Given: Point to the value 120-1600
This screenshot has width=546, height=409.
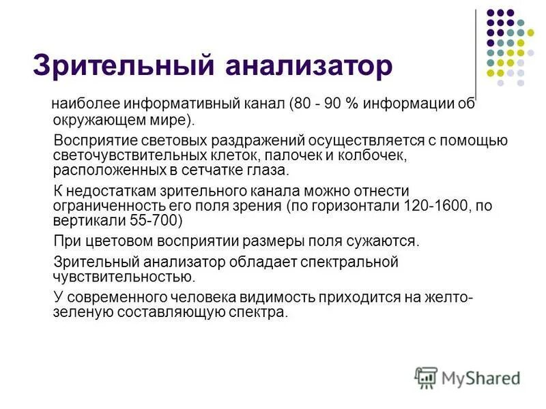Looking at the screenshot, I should tap(427, 206).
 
